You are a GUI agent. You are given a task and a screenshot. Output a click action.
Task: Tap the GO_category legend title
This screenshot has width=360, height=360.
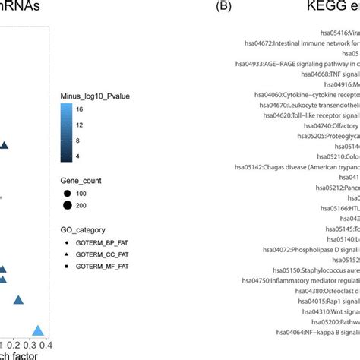click(x=84, y=208)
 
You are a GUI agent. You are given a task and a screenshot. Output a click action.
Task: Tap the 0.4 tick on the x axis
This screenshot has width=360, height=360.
click(x=45, y=346)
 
